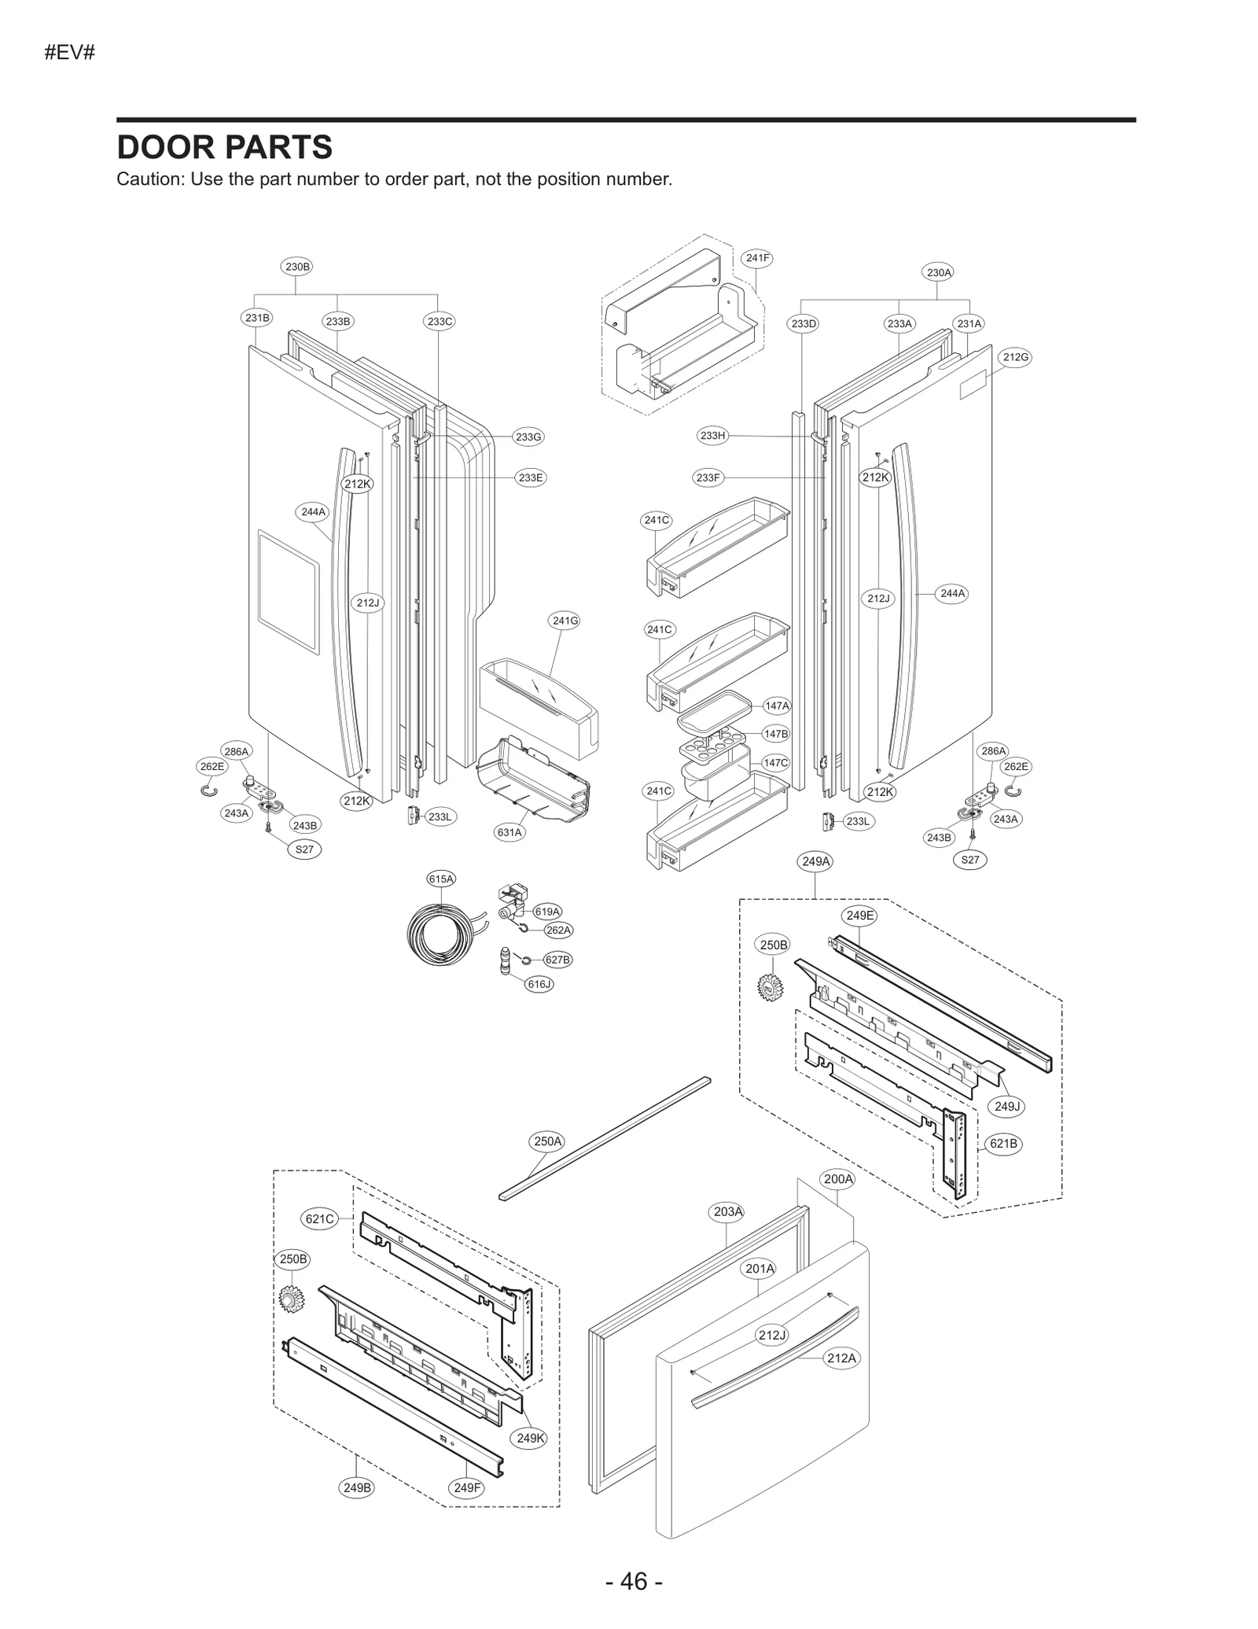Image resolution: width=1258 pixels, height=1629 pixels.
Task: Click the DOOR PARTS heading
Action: tap(224, 147)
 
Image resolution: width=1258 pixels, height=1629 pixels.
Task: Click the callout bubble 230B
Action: tap(296, 267)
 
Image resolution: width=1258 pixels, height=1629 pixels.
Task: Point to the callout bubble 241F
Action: tap(758, 257)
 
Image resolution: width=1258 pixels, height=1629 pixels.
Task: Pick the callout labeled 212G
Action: tap(1015, 357)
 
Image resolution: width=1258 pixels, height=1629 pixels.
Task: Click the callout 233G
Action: tap(528, 437)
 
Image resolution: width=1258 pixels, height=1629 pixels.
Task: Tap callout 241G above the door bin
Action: tap(565, 621)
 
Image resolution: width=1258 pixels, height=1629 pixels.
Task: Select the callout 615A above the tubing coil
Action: tap(441, 879)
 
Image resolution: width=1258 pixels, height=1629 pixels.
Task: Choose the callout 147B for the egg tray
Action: tap(776, 734)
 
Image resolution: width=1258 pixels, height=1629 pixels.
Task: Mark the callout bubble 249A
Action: tap(815, 861)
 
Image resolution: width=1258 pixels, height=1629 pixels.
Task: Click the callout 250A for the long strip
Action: tap(548, 1141)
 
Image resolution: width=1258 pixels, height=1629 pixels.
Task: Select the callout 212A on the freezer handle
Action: tap(841, 1358)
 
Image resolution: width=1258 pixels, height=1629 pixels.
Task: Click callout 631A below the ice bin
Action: tap(509, 832)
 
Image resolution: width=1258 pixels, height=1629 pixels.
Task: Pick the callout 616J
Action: tap(539, 983)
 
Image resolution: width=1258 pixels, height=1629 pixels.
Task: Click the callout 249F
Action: tap(466, 1487)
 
